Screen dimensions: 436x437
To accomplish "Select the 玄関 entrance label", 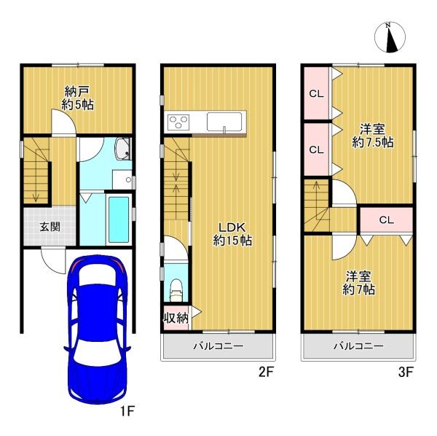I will tap(41, 226).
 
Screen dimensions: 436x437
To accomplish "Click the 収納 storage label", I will tap(175, 317).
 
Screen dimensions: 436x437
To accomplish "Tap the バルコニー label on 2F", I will tap(219, 346).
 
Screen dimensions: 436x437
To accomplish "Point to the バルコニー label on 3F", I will tap(359, 346).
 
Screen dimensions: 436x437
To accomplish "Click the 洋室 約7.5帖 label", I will tap(372, 136).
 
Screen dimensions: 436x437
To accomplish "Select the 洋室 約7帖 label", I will tap(360, 284).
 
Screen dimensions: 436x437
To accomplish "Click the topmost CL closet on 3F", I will tap(315, 93).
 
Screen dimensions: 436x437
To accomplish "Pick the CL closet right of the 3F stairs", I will tap(386, 219).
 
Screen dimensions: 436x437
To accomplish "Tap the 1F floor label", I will tap(127, 412).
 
